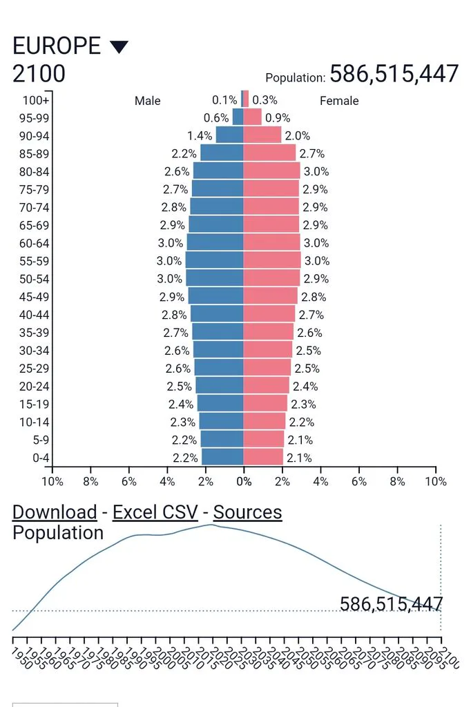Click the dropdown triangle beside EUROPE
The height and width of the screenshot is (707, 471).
pyautogui.click(x=119, y=47)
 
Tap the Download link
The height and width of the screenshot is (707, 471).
pyautogui.click(x=55, y=512)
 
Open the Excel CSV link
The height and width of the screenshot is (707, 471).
pyautogui.click(x=155, y=512)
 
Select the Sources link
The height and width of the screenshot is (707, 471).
pyautogui.click(x=248, y=512)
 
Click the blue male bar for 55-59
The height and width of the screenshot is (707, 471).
pyautogui.click(x=215, y=260)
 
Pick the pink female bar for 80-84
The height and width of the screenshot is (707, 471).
pyautogui.click(x=271, y=171)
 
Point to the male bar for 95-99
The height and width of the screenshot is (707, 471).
pyautogui.click(x=238, y=117)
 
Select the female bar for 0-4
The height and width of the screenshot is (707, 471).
pyautogui.click(x=263, y=457)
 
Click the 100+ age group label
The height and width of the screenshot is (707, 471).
pyautogui.click(x=36, y=100)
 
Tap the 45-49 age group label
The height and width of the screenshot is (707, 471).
pyautogui.click(x=35, y=297)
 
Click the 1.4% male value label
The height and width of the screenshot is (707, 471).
pyautogui.click(x=200, y=136)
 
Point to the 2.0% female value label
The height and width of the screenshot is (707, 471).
pyautogui.click(x=297, y=136)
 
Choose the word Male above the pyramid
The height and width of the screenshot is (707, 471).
pyautogui.click(x=148, y=101)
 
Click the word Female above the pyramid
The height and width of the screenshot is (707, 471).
pyautogui.click(x=339, y=101)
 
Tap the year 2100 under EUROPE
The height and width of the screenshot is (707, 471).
pyautogui.click(x=39, y=73)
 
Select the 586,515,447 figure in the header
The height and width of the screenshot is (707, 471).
pyautogui.click(x=394, y=73)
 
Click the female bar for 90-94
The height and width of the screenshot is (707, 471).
pyautogui.click(x=262, y=135)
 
